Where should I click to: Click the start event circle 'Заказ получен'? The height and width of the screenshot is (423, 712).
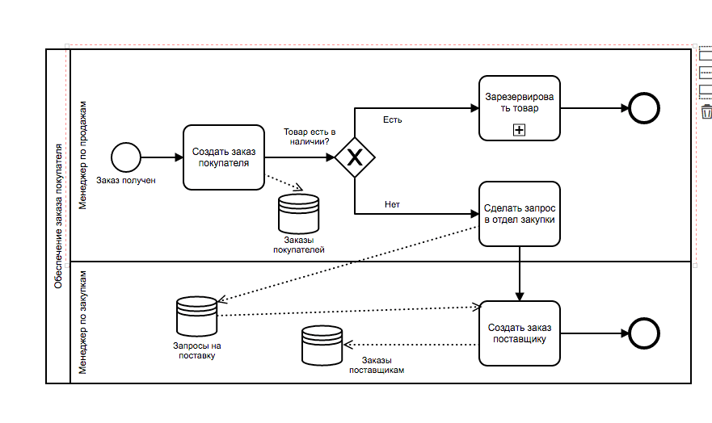pos(126,157)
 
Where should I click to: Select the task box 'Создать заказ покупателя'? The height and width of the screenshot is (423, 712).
pos(224,157)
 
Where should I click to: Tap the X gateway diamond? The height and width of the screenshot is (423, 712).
pos(354,157)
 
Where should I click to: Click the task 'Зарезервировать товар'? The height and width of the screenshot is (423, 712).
pos(519,108)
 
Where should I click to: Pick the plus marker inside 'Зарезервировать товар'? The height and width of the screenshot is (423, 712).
pos(519,129)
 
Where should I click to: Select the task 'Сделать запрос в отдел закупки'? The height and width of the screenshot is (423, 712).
pos(519,213)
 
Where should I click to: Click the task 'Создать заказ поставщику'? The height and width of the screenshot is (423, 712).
pos(519,333)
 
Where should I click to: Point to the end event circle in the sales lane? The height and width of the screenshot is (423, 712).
pos(644,108)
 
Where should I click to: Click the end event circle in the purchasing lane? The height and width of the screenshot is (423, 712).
pos(644,333)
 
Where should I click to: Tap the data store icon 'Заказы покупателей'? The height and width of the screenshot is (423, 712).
pos(298,213)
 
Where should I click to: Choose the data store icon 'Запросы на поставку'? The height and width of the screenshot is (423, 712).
pos(196,316)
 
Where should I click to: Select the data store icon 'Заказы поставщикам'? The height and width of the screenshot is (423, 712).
pos(322,346)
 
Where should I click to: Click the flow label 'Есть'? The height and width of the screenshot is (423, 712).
pos(392,120)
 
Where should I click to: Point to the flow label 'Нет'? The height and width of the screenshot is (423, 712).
pos(392,204)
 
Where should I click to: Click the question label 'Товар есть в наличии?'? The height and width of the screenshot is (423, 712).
pos(309,136)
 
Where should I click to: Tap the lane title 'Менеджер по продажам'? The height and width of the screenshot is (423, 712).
pos(82,155)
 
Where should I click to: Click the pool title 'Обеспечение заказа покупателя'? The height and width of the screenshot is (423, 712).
pos(58,216)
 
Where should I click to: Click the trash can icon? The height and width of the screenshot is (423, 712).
pos(706,111)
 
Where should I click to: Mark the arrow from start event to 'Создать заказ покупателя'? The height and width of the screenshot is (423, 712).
pos(162,157)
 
